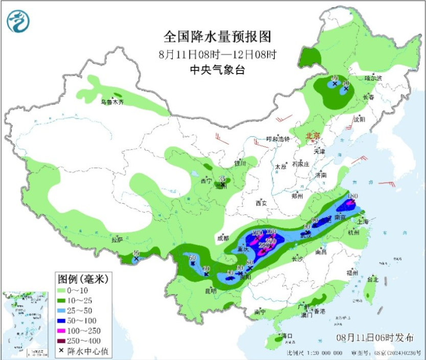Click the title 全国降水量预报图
217,37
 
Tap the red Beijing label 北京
313,136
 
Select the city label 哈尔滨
373,78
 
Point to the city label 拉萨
117,239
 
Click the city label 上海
363,222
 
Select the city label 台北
372,279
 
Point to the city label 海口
287,336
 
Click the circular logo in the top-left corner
18,21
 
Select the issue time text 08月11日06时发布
375,338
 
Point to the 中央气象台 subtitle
217,70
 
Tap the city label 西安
261,203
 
